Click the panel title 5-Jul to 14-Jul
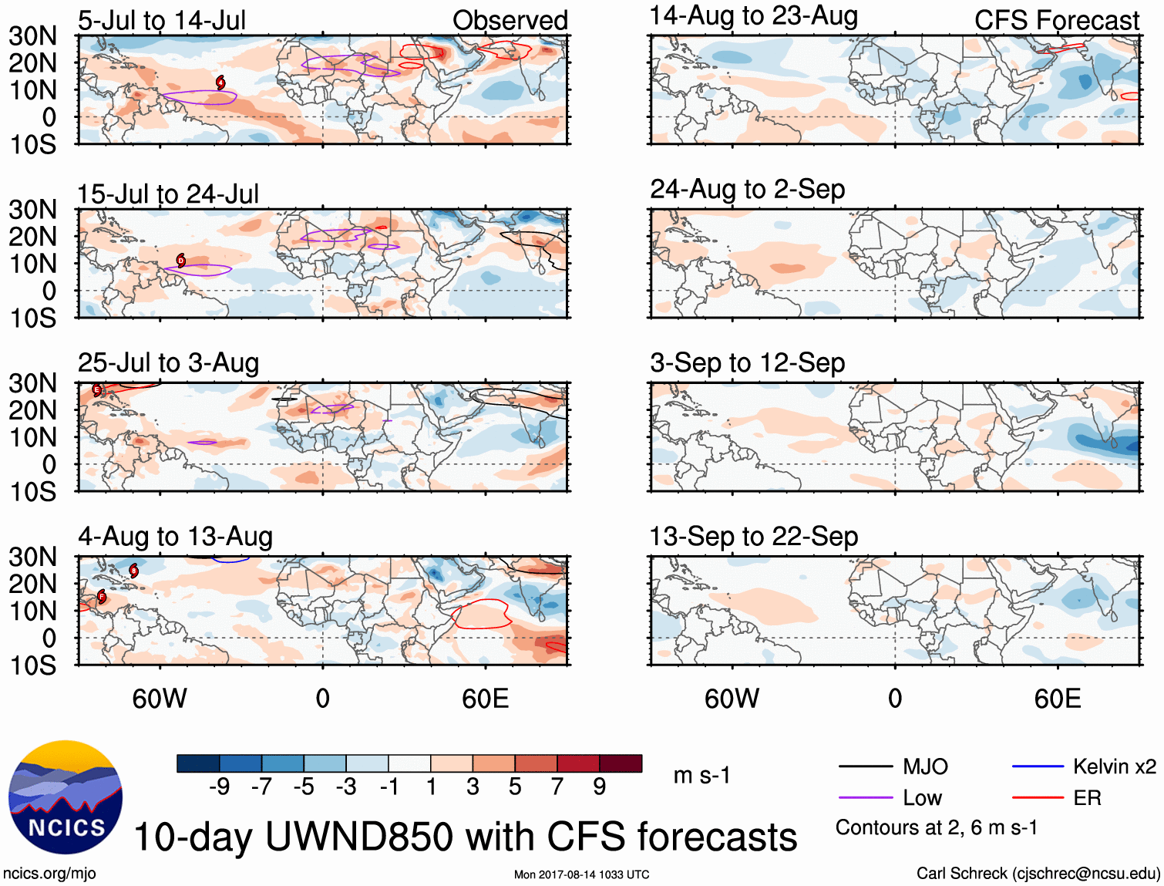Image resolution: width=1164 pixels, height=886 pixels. (x=162, y=21)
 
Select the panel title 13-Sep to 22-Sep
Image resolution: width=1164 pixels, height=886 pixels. (x=753, y=536)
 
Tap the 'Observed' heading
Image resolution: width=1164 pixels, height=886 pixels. (x=510, y=21)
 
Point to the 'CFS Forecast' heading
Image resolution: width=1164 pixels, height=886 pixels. (x=1056, y=21)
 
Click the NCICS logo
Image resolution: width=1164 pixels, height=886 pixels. (x=66, y=797)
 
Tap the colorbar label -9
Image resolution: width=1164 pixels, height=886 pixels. (x=220, y=787)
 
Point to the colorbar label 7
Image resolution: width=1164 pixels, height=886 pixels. (x=557, y=787)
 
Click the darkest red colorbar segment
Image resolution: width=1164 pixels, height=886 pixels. (x=621, y=763)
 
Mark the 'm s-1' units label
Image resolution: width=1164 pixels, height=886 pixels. (x=701, y=775)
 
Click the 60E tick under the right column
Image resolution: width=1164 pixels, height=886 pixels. (x=1058, y=699)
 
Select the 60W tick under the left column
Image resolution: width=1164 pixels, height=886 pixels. (x=160, y=699)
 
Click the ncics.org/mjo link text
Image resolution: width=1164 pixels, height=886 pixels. (x=50, y=873)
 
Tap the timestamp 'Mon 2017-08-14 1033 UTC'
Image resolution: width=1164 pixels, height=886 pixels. (x=581, y=874)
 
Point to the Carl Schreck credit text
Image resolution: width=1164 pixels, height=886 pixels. (x=1038, y=873)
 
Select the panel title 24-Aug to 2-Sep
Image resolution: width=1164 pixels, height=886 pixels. (x=747, y=189)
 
